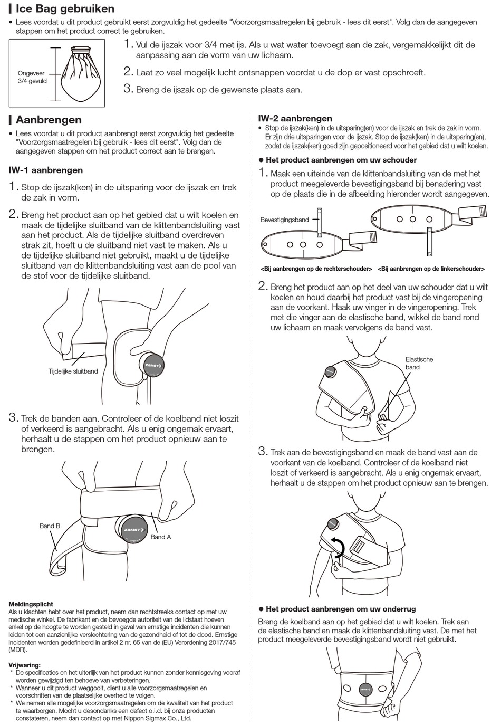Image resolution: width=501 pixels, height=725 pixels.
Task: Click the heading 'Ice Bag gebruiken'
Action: coord(65,9)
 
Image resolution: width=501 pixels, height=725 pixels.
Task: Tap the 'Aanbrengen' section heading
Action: coord(49,120)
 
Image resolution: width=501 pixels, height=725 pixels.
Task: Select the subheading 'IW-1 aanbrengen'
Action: coord(46,170)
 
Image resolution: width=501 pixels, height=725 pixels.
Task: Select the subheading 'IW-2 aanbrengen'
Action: coord(295,119)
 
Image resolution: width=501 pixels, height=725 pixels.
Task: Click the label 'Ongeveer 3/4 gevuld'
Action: coord(32,78)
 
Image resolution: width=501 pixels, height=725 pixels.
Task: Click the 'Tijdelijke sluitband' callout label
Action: coord(73,371)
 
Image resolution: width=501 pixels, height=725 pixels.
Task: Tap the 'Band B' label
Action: coord(50,526)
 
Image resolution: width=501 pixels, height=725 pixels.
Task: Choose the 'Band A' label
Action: coord(161,537)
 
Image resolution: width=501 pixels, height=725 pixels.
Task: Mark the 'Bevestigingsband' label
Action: coord(284,220)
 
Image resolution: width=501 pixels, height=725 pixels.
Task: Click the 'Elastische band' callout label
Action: coord(419,363)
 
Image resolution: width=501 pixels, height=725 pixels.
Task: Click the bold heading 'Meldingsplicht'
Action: coord(31,604)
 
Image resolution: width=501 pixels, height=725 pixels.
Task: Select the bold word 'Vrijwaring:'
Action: coord(24,665)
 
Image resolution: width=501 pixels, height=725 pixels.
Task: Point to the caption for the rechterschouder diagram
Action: coord(316,269)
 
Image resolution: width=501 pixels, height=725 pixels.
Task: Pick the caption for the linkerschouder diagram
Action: coord(431,269)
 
